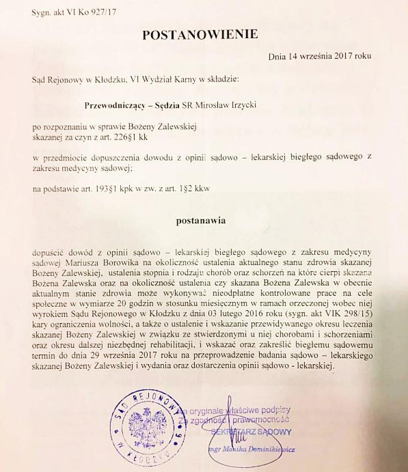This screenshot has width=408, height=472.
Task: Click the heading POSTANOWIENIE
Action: pyautogui.click(x=200, y=35)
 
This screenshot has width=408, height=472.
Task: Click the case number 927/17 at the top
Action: pyautogui.click(x=104, y=13)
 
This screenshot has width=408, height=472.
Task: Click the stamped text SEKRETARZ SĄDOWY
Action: pyautogui.click(x=251, y=432)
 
